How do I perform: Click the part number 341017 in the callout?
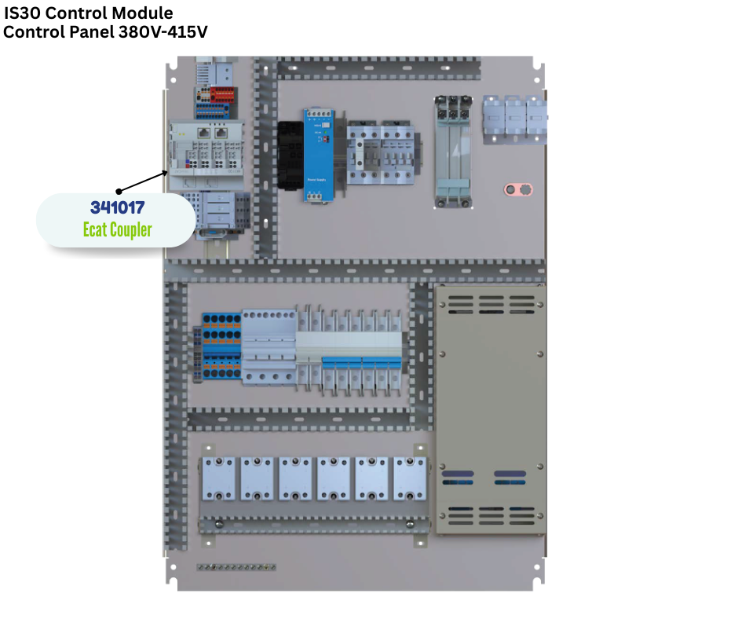(117, 208)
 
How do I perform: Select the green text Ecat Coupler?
(117, 229)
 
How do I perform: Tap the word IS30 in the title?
(24, 13)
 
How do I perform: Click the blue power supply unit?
(320, 155)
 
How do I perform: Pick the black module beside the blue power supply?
(290, 154)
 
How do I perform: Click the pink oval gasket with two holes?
(517, 189)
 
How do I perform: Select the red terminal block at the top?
(223, 93)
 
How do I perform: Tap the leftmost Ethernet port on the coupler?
(203, 133)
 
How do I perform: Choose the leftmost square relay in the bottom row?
(220, 478)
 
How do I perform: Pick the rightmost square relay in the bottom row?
(410, 478)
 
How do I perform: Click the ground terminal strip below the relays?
(236, 566)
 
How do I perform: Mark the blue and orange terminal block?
(221, 346)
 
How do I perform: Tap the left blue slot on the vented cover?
(458, 474)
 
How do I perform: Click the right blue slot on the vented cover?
(510, 474)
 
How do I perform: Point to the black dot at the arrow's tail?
(119, 190)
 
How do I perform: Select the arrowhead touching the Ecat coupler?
(166, 172)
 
